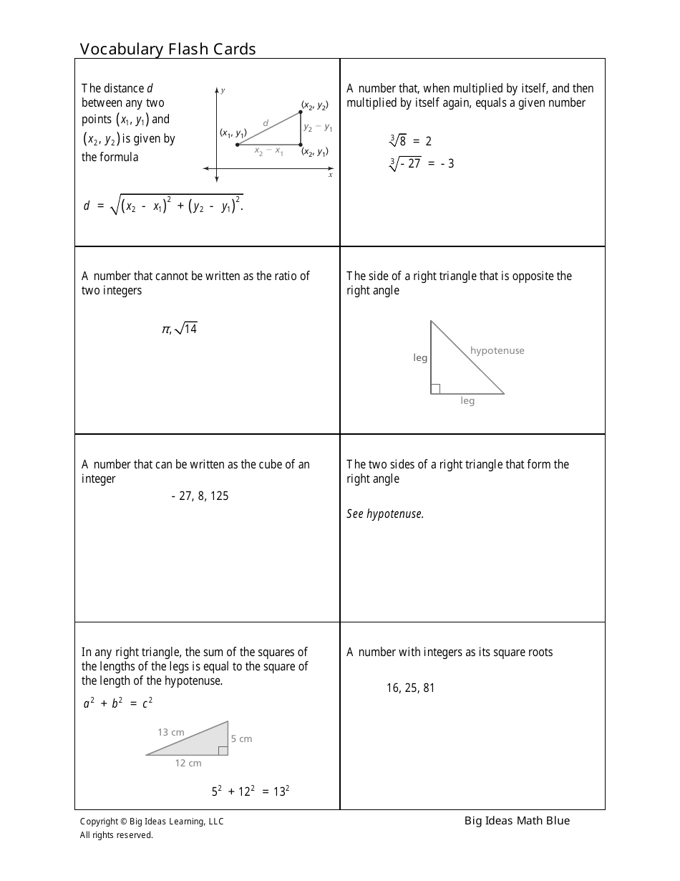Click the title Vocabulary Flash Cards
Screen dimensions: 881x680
pyautogui.click(x=167, y=49)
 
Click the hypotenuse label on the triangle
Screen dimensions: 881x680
pyautogui.click(x=497, y=350)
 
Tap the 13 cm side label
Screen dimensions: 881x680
pyautogui.click(x=171, y=732)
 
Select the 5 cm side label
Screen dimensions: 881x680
pyautogui.click(x=241, y=738)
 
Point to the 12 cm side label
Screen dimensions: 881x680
pyautogui.click(x=188, y=763)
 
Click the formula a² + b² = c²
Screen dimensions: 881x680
pyautogui.click(x=117, y=703)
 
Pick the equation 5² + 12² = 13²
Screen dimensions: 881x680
pyautogui.click(x=250, y=791)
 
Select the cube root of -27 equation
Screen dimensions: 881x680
pyautogui.click(x=422, y=163)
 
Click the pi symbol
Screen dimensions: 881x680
pyautogui.click(x=165, y=329)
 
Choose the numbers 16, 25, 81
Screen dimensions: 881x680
pyautogui.click(x=410, y=688)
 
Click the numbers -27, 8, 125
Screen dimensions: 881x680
pyautogui.click(x=200, y=496)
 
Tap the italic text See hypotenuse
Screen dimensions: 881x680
pyautogui.click(x=385, y=514)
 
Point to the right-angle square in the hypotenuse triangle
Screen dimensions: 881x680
pyautogui.click(x=435, y=389)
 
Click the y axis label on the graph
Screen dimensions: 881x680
pyautogui.click(x=223, y=90)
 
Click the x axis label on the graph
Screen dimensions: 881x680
pyautogui.click(x=330, y=175)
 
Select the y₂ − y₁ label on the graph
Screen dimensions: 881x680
pyautogui.click(x=318, y=127)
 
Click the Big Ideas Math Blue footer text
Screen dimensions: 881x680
pyautogui.click(x=517, y=821)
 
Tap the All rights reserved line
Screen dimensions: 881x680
pyautogui.click(x=116, y=834)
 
